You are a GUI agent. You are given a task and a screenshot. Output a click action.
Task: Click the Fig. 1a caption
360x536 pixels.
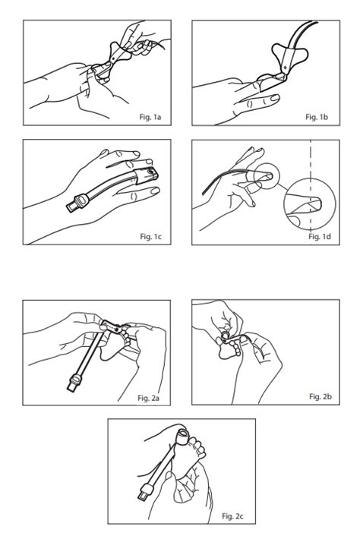tap(150, 117)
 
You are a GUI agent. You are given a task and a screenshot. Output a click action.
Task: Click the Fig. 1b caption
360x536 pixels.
tap(317, 117)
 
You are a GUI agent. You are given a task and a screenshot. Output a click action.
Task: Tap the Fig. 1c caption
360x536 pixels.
tap(151, 236)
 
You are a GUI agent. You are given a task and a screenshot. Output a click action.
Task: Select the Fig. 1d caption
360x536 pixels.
tap(319, 236)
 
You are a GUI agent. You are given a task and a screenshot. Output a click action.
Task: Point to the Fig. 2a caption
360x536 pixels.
tap(148, 398)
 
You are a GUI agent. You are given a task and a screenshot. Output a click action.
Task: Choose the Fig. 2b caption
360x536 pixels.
tap(321, 396)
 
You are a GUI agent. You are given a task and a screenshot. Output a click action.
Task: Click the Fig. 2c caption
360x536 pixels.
tap(232, 516)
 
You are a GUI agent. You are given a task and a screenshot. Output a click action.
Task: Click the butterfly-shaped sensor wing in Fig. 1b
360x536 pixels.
tap(290, 55)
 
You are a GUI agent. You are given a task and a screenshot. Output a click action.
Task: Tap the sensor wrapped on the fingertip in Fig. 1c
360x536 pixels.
tap(147, 175)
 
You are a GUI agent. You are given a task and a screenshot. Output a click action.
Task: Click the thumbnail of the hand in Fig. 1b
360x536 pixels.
tap(274, 98)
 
